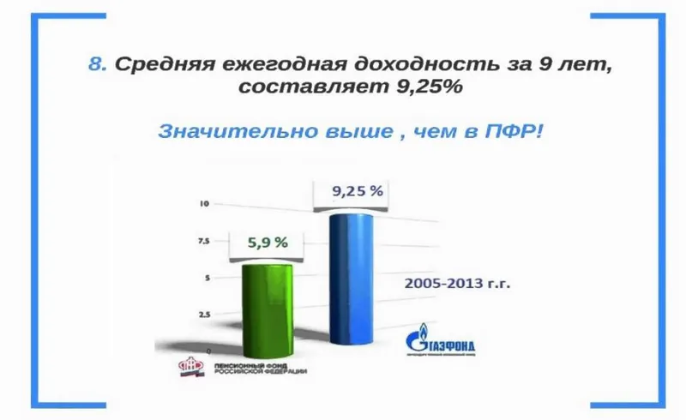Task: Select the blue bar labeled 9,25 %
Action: (352, 283)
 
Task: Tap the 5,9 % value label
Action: (268, 243)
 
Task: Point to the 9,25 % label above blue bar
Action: (357, 191)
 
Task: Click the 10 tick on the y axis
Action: (204, 204)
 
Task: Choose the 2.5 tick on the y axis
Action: (204, 315)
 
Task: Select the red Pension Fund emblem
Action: (190, 368)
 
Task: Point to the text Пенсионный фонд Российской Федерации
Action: (256, 369)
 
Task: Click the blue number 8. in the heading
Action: (99, 64)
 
